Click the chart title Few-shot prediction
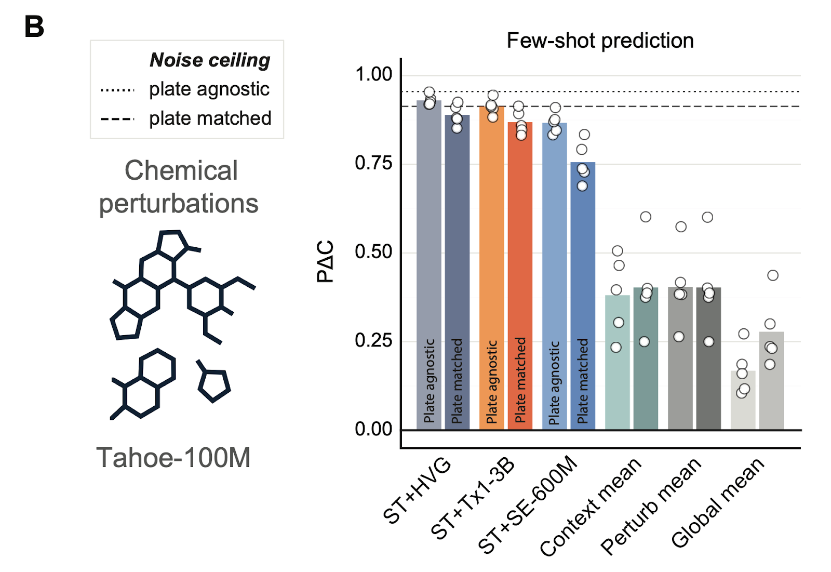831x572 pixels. tap(600, 41)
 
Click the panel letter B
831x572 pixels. tap(34, 27)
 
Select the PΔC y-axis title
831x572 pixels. tap(326, 261)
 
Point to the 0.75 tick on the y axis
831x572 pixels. tap(373, 163)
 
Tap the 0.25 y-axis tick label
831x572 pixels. tap(373, 341)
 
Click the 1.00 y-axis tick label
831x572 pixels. tap(373, 74)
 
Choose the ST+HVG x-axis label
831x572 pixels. tap(417, 490)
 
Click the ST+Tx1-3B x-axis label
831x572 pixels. tap(473, 499)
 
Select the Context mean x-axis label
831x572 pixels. tap(591, 507)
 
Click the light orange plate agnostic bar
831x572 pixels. tap(491, 270)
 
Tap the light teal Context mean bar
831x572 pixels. tap(617, 364)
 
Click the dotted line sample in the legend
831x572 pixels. tap(117, 90)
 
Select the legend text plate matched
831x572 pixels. tap(210, 118)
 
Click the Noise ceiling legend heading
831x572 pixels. tap(210, 60)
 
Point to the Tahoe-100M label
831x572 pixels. tap(173, 458)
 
